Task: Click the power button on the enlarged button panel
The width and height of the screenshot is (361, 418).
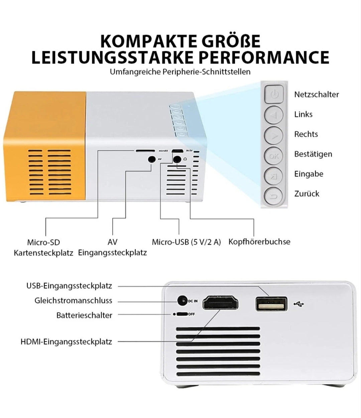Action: pyautogui.click(x=273, y=94)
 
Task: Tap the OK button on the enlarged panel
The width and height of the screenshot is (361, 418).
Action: pyautogui.click(x=273, y=156)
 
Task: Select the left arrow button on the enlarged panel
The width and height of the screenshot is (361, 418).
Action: pyautogui.click(x=273, y=115)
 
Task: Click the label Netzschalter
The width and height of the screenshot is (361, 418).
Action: pyautogui.click(x=317, y=95)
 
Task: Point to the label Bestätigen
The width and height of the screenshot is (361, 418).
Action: pyautogui.click(x=313, y=154)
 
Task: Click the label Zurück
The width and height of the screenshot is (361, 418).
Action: pyautogui.click(x=307, y=194)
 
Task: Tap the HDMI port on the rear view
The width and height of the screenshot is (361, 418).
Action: pyautogui.click(x=220, y=302)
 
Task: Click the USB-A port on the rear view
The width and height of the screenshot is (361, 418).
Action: pyautogui.click(x=271, y=304)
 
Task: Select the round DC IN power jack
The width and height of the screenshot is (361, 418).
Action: pyautogui.click(x=182, y=301)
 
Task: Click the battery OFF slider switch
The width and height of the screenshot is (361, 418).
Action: pyautogui.click(x=182, y=314)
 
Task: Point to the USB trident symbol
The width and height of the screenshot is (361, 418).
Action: pyautogui.click(x=299, y=304)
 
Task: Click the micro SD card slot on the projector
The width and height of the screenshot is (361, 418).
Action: pyautogui.click(x=145, y=151)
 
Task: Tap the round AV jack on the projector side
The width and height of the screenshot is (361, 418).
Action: pyautogui.click(x=152, y=159)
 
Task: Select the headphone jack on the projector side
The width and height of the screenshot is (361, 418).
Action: pyautogui.click(x=177, y=159)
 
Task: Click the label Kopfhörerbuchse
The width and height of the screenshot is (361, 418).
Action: pyautogui.click(x=259, y=242)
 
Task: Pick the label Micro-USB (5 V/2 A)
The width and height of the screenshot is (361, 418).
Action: pyautogui.click(x=187, y=242)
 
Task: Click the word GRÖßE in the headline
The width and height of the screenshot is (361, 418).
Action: pyautogui.click(x=231, y=41)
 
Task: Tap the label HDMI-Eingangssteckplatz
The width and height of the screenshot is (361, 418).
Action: pyautogui.click(x=67, y=342)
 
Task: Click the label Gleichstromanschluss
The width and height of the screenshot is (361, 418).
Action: pyautogui.click(x=73, y=300)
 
